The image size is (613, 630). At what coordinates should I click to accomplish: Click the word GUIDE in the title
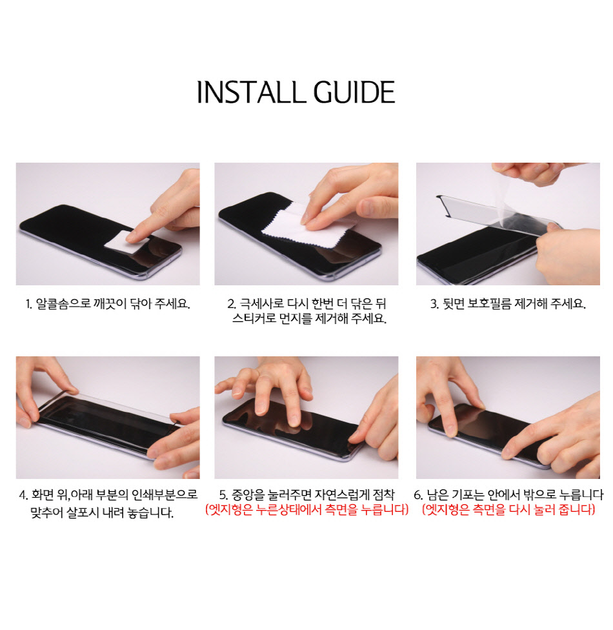click(x=354, y=92)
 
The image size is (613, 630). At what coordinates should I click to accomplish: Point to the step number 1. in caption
click(x=28, y=304)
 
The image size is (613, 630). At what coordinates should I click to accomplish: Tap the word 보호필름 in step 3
click(x=489, y=304)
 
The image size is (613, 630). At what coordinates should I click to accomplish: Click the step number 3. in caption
click(x=434, y=304)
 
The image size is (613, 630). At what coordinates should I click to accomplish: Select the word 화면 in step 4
click(x=42, y=494)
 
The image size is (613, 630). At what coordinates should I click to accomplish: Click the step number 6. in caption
click(x=418, y=495)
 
